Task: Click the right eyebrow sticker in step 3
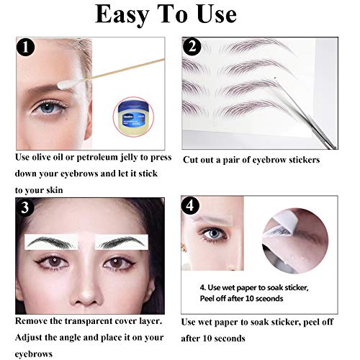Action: tap(124, 242)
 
